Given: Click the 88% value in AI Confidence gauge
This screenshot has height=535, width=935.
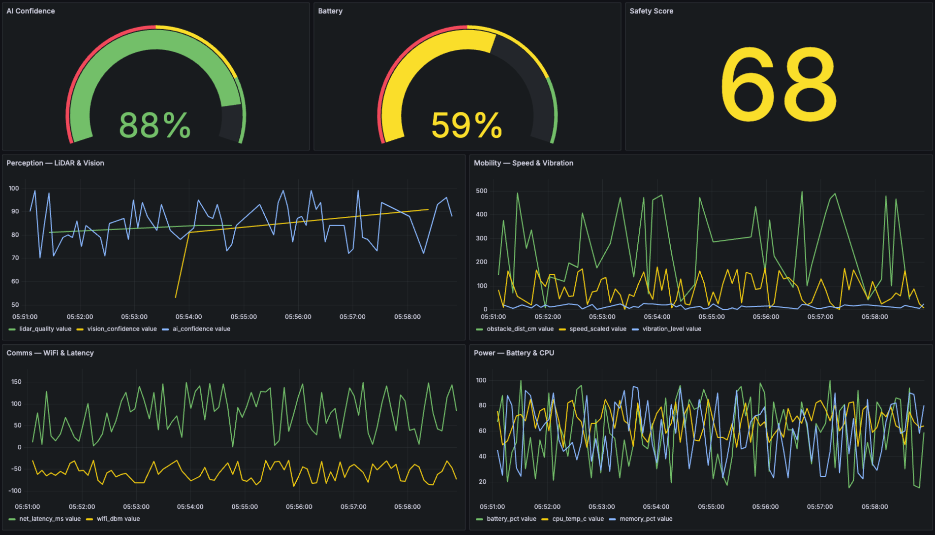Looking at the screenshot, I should (x=155, y=125).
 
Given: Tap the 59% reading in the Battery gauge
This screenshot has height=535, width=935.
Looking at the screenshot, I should (x=467, y=125).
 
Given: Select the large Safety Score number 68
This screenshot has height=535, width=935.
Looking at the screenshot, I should (x=779, y=85).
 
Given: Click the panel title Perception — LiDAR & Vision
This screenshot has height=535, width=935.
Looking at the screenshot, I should (x=55, y=163).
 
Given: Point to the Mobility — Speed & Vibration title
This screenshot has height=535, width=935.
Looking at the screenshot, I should (x=523, y=163).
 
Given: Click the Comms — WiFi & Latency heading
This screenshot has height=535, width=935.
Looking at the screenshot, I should (x=50, y=353).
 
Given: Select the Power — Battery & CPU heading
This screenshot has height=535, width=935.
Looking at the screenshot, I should (x=514, y=353).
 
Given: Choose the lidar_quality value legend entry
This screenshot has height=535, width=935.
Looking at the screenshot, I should (x=45, y=329).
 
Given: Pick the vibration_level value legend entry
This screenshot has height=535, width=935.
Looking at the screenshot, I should (x=671, y=329).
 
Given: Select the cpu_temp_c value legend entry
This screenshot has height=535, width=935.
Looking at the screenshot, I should (x=577, y=519).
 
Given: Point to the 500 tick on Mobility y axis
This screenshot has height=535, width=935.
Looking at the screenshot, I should (x=482, y=191).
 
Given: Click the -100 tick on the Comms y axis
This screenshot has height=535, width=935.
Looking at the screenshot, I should (x=15, y=491).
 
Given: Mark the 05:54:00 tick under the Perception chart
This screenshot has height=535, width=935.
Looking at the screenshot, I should (x=188, y=317).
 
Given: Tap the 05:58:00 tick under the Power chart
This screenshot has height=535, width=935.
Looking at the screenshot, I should (x=874, y=506).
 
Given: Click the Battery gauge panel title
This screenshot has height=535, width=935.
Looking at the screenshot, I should (x=330, y=11).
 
